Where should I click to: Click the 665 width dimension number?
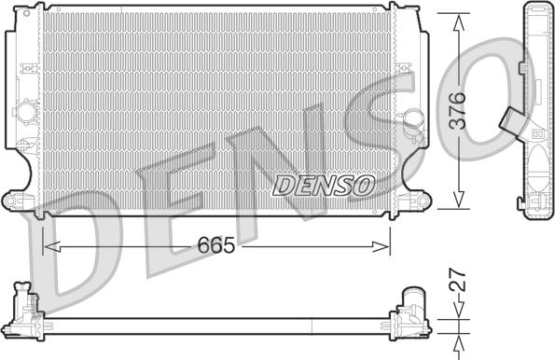coord(215,246)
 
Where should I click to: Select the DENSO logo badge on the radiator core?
coord(322,186)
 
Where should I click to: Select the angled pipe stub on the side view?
coord(512,121)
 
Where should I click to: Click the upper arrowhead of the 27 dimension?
coord(457,315)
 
